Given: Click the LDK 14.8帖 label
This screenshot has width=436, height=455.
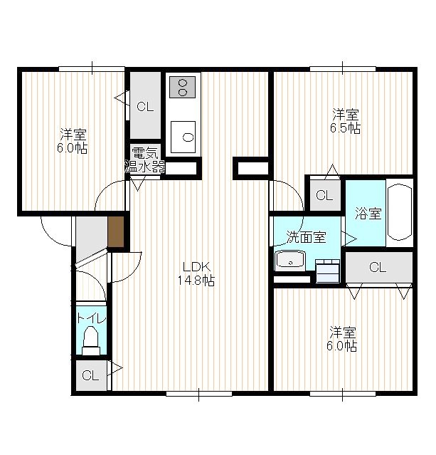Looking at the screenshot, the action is (x=196, y=273).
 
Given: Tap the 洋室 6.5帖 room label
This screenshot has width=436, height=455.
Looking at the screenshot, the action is (x=345, y=121).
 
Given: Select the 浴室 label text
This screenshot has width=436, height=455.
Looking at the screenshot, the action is (x=368, y=214).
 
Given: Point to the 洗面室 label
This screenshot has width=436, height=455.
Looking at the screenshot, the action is (x=306, y=237).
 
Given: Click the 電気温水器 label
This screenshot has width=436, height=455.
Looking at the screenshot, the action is (x=144, y=160).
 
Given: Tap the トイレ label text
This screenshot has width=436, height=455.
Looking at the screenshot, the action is (x=91, y=318).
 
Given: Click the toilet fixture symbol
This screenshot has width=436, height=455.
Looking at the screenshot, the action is (x=91, y=340).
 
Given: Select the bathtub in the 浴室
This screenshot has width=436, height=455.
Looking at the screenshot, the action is (x=400, y=212).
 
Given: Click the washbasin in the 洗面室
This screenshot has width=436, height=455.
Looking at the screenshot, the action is (x=290, y=261).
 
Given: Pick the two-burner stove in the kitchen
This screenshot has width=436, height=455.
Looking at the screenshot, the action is (x=183, y=87).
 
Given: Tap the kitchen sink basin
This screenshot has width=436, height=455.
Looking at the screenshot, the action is (x=183, y=137).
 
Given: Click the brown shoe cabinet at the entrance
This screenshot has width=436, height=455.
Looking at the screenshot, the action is (x=116, y=232).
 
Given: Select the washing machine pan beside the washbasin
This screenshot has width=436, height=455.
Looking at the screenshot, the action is (x=327, y=271).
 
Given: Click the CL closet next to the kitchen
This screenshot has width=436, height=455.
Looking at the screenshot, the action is (x=145, y=105).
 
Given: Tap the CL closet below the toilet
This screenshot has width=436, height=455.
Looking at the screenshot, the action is (x=91, y=375).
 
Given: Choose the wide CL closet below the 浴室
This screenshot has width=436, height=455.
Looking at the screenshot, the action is (x=378, y=267).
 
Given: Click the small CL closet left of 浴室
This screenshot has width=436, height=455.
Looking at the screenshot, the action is (x=325, y=195).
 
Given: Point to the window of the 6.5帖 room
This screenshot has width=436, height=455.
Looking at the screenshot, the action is (x=343, y=69).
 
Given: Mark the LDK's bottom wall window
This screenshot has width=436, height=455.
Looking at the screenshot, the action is (x=199, y=394).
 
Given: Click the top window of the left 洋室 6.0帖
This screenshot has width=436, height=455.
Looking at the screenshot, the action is (x=92, y=69).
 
